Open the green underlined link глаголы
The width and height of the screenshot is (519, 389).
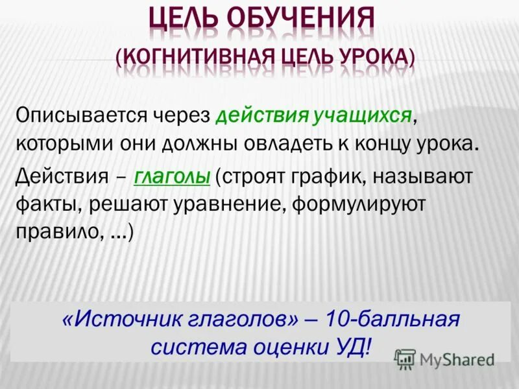(173, 176)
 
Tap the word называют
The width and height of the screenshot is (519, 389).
(439, 176)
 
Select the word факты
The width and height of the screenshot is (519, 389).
(45, 205)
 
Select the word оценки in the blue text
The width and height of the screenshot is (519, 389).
(289, 346)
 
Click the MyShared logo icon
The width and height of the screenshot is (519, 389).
(405, 359)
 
